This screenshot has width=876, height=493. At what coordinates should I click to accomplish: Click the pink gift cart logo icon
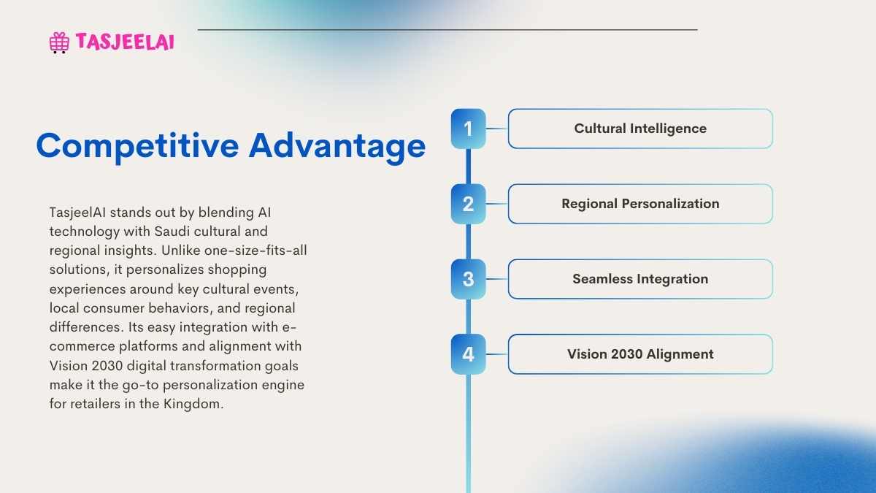tap(59, 42)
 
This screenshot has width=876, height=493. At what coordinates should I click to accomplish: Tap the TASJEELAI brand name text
tap(125, 42)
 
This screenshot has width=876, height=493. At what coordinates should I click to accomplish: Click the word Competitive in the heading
tap(137, 146)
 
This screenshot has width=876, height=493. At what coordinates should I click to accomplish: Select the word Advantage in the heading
tap(337, 146)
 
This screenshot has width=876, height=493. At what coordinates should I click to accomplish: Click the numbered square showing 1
tap(468, 129)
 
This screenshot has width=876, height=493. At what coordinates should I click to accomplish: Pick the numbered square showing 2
tap(468, 204)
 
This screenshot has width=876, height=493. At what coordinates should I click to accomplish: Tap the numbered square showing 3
tap(468, 279)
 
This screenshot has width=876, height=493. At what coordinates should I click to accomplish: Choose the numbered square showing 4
tap(468, 354)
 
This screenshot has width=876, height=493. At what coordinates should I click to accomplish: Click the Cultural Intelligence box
tap(640, 129)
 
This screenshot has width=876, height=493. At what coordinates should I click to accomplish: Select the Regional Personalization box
tap(640, 204)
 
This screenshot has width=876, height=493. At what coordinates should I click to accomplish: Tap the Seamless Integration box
tap(640, 279)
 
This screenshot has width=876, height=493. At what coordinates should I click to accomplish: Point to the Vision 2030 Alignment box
tap(640, 354)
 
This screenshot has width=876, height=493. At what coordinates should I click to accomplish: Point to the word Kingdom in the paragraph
tap(193, 404)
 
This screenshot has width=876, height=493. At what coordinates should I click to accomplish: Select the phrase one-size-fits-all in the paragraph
tap(255, 251)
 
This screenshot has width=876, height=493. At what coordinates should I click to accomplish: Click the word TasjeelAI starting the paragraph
tap(77, 213)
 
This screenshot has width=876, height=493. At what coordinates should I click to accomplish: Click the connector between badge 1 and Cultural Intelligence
tap(496, 129)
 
